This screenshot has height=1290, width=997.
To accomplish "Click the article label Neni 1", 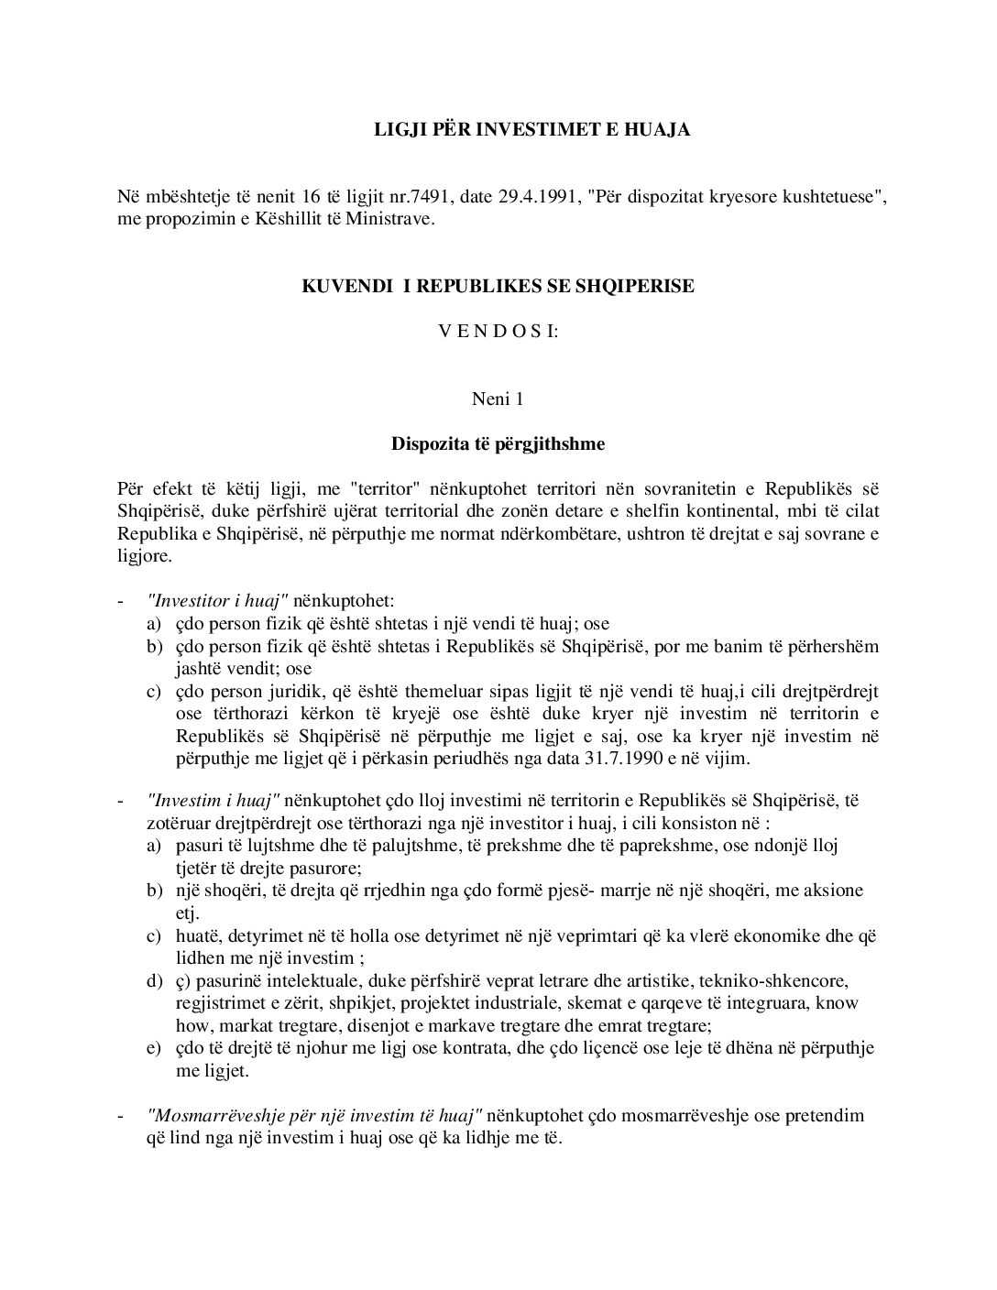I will pos(498,399).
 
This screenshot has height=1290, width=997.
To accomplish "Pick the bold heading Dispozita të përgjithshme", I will pos(498,444).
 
